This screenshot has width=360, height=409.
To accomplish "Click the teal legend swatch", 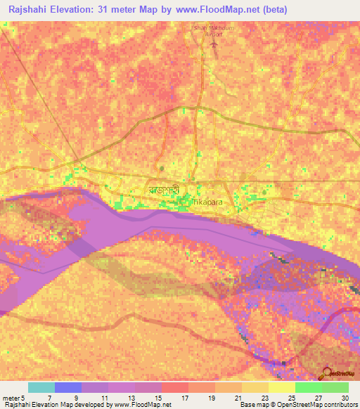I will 41,387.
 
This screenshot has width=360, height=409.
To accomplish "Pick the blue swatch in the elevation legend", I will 68,387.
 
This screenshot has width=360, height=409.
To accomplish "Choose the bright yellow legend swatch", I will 282,387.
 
